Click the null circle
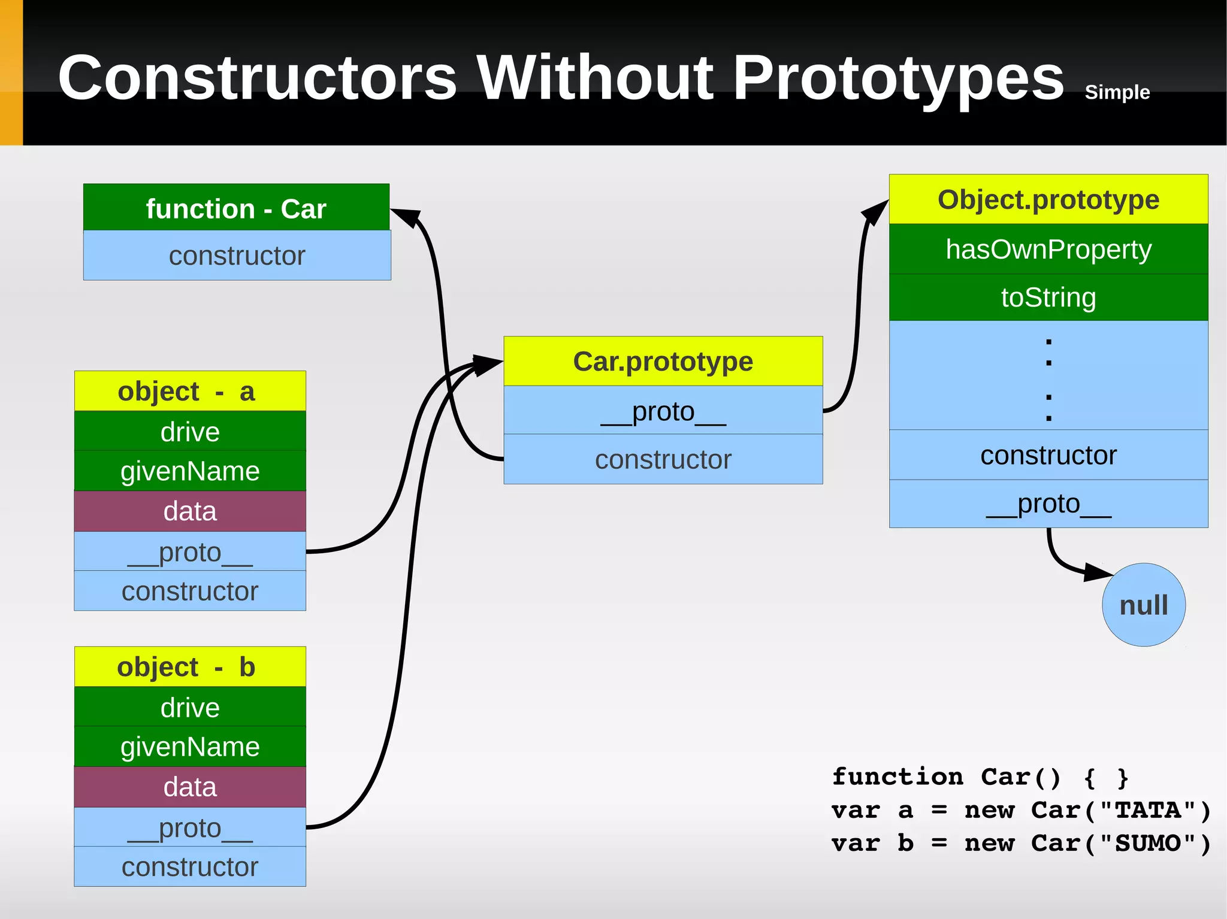click(x=1143, y=605)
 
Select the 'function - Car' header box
click(x=236, y=208)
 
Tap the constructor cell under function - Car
click(x=237, y=256)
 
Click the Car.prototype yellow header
click(x=663, y=361)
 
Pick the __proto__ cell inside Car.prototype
click(x=663, y=411)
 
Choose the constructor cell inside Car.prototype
click(x=663, y=459)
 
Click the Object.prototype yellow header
click(x=1048, y=199)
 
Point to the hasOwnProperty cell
click(x=1048, y=249)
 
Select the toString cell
click(x=1048, y=298)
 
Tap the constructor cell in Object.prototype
click(x=1048, y=455)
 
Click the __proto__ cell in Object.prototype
click(x=1048, y=504)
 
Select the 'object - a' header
click(x=189, y=391)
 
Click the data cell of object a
click(x=189, y=511)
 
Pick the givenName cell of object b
click(x=189, y=747)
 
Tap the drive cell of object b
click(x=189, y=707)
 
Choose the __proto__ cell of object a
click(x=189, y=551)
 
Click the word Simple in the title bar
click(x=1117, y=92)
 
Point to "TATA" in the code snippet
click(x=1147, y=810)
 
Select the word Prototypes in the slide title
click(x=897, y=78)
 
